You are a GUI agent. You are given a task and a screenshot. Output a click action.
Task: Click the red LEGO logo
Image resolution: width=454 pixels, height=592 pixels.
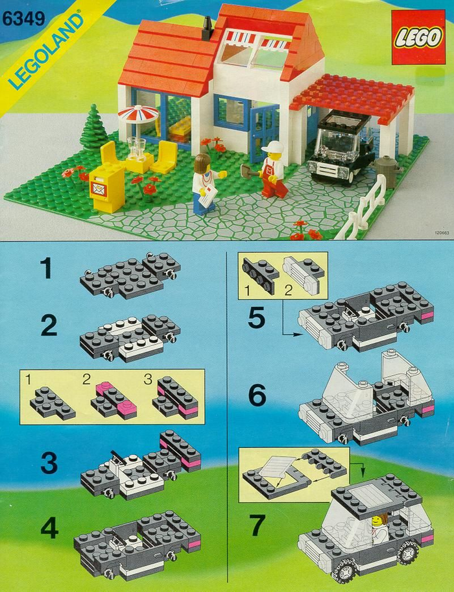tap(418, 37)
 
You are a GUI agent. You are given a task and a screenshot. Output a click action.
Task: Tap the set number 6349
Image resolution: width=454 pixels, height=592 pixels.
tap(24, 19)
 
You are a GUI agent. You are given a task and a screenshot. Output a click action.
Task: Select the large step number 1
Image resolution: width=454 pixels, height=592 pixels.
tap(47, 268)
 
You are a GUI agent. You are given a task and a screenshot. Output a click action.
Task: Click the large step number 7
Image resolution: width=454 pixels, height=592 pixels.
tap(258, 525)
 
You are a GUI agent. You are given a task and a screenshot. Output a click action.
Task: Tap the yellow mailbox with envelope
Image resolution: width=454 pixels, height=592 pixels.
tap(107, 188)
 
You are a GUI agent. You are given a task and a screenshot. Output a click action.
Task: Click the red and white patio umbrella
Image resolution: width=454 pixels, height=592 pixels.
tap(138, 114)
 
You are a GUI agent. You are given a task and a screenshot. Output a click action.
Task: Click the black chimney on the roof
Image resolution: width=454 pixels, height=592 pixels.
tap(208, 29)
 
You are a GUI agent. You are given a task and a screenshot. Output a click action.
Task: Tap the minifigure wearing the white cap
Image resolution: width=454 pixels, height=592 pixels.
tap(272, 169)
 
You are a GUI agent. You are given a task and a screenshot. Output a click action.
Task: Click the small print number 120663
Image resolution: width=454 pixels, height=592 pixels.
tap(442, 233)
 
